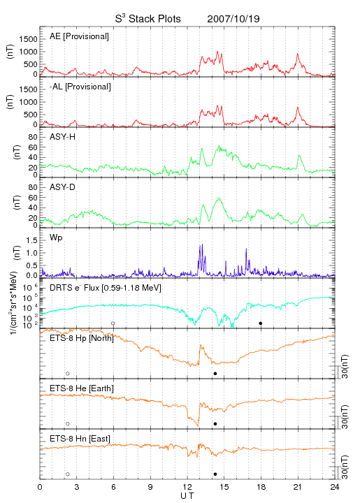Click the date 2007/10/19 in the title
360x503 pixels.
[233, 19]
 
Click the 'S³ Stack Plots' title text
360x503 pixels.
[147, 19]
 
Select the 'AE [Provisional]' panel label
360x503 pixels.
[79, 36]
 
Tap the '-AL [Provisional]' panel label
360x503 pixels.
[80, 87]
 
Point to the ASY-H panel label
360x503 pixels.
[62, 137]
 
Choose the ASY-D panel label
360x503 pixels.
[62, 187]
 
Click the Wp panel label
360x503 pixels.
[56, 238]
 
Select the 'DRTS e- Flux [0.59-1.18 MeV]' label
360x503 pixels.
[106, 288]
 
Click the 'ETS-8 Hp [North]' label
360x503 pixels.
[82, 338]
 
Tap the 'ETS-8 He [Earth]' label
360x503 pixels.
[82, 388]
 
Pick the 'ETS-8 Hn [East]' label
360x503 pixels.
[80, 439]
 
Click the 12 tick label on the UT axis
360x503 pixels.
[187, 487]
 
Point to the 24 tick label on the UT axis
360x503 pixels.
[335, 487]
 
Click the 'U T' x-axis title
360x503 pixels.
[187, 496]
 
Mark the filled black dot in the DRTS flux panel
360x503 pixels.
[261, 323]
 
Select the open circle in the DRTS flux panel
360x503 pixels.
[113, 323]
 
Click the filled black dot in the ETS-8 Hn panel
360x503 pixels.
[215, 474]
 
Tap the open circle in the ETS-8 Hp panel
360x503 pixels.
[68, 374]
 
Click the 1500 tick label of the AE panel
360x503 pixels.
[28, 39]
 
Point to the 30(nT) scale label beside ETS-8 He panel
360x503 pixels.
[345, 416]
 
